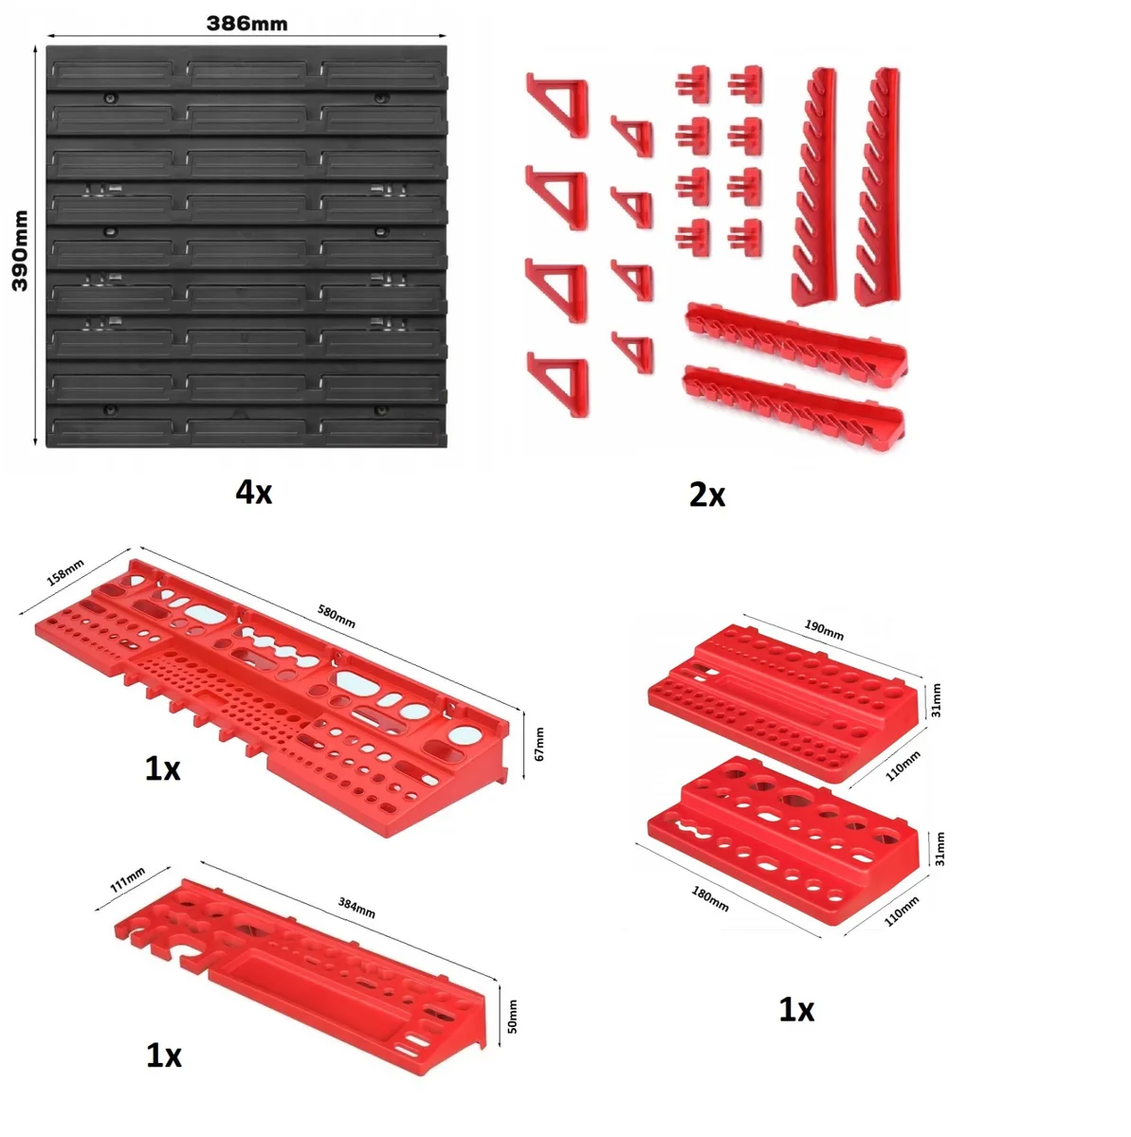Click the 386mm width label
246,24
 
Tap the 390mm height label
21,251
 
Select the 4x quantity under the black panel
254,492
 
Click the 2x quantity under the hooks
707,495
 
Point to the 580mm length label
336,617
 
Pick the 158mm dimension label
65,572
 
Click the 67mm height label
539,744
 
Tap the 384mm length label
356,908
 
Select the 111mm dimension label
128,879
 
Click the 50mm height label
512,1017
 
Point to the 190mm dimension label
824,630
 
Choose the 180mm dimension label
710,899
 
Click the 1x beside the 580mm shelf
162,768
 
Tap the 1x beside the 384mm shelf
164,1056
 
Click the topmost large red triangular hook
558,105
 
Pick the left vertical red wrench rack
814,187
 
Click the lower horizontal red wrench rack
794,403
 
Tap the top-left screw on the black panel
109,98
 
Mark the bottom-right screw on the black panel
381,410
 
